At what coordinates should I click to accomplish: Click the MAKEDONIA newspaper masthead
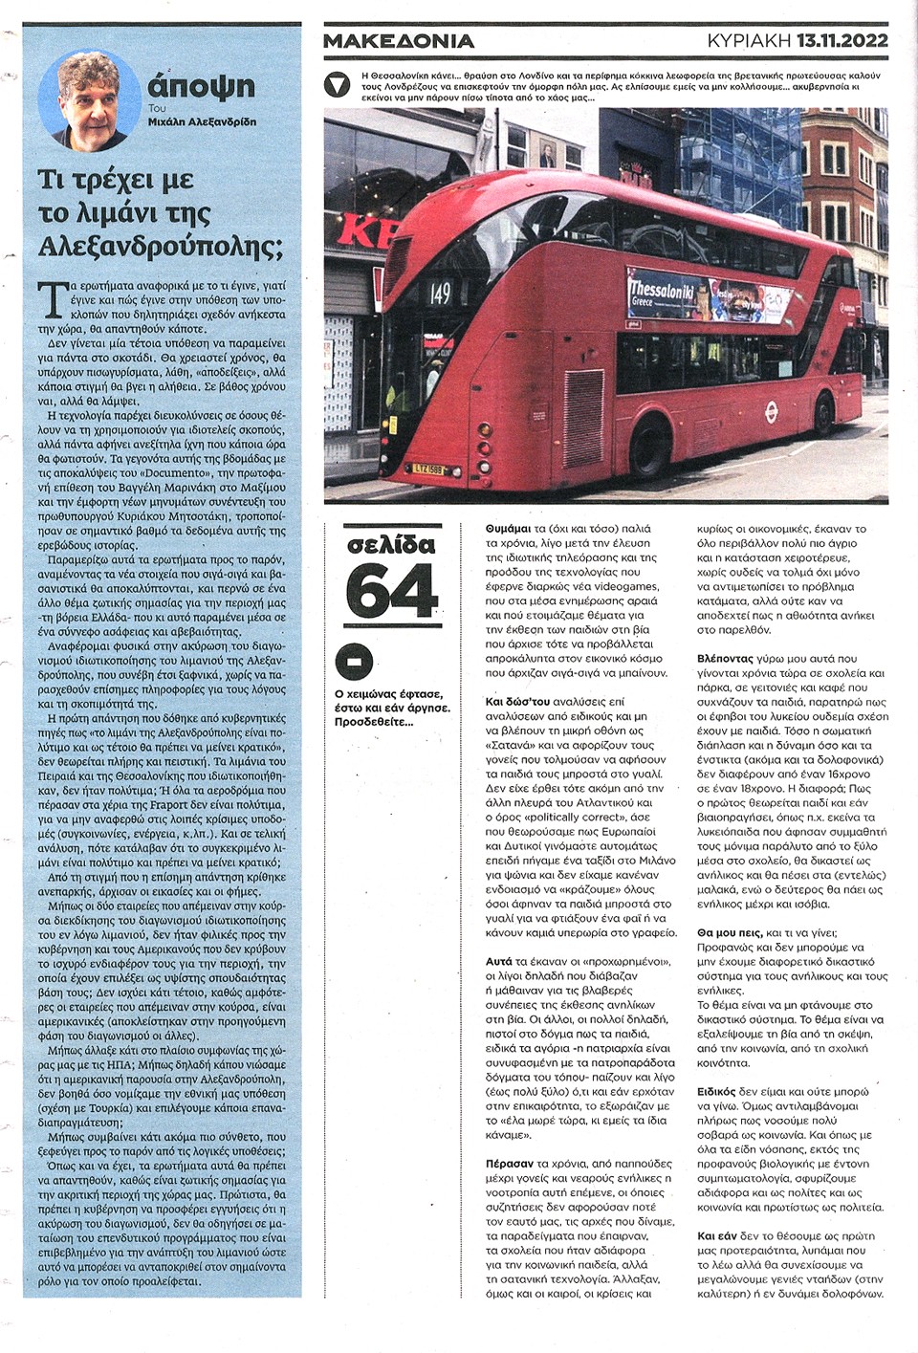coord(399,41)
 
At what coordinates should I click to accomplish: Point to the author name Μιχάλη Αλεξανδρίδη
coord(202,121)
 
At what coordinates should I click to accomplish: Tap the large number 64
coord(391,595)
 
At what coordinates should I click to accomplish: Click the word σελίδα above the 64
coord(391,546)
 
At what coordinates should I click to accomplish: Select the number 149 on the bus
coord(440,293)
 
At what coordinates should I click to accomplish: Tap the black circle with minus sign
coord(354,663)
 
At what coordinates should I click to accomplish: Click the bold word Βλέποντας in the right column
coord(726,659)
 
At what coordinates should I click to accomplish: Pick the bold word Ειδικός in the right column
coord(716,1091)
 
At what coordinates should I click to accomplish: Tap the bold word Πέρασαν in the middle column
coord(509,1164)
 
